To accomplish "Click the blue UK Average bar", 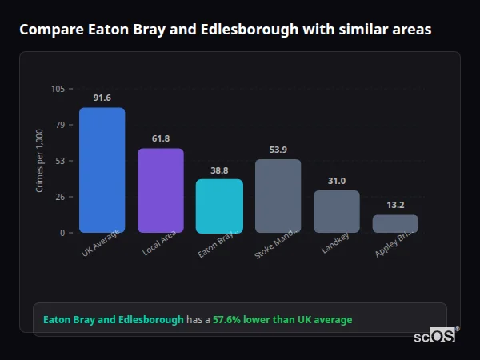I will [102, 170].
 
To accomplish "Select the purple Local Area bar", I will [161, 190].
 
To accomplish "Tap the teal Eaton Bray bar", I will [219, 206].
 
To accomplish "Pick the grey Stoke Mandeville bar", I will [278, 196].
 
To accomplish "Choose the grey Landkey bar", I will [337, 211].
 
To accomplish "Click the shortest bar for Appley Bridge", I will [395, 223].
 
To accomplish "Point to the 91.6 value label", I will [102, 98].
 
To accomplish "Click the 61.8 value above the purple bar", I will [161, 138].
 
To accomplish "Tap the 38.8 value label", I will [219, 170].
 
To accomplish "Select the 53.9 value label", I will [278, 150].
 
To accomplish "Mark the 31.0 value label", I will [337, 181].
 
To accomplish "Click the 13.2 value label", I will [395, 205].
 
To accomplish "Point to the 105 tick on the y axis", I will [58, 89].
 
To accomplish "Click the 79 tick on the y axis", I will [60, 125].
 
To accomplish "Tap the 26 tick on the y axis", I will [60, 197].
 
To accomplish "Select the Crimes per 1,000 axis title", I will [40, 161].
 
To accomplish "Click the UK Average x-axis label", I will [101, 244].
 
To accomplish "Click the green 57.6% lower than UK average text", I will [282, 320].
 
